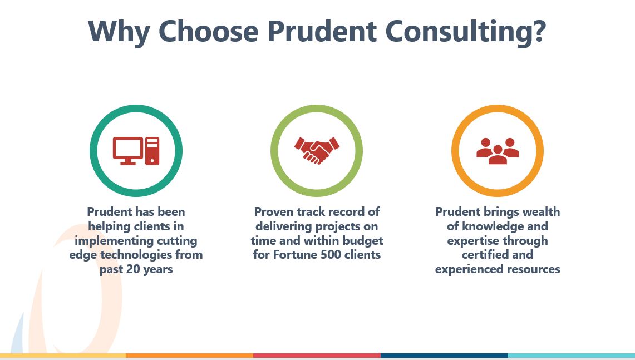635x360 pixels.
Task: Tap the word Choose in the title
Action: click(x=209, y=32)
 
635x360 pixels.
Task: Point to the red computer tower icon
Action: click(x=152, y=150)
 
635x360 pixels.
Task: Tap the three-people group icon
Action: click(x=498, y=151)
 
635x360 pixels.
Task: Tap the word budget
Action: click(x=363, y=241)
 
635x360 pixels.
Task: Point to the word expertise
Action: click(x=472, y=241)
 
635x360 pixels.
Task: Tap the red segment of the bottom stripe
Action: click(x=317, y=355)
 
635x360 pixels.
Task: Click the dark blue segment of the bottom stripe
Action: click(x=444, y=355)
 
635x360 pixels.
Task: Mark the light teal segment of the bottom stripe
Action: click(x=571, y=355)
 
